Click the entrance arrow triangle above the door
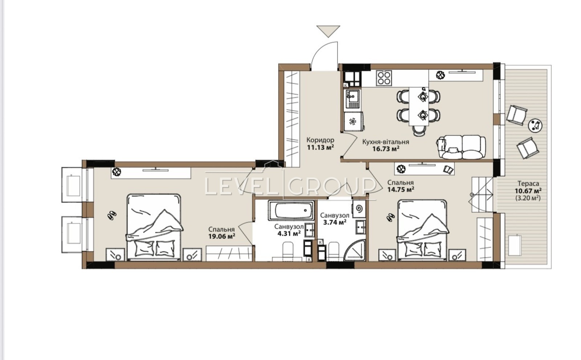(x=329, y=31)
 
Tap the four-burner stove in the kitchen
(x=384, y=78)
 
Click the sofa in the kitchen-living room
(x=462, y=147)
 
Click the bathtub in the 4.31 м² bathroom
(x=291, y=210)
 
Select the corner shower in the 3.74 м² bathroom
(x=354, y=250)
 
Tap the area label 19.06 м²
(x=222, y=236)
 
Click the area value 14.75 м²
(x=401, y=190)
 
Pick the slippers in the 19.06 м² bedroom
(x=112, y=215)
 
